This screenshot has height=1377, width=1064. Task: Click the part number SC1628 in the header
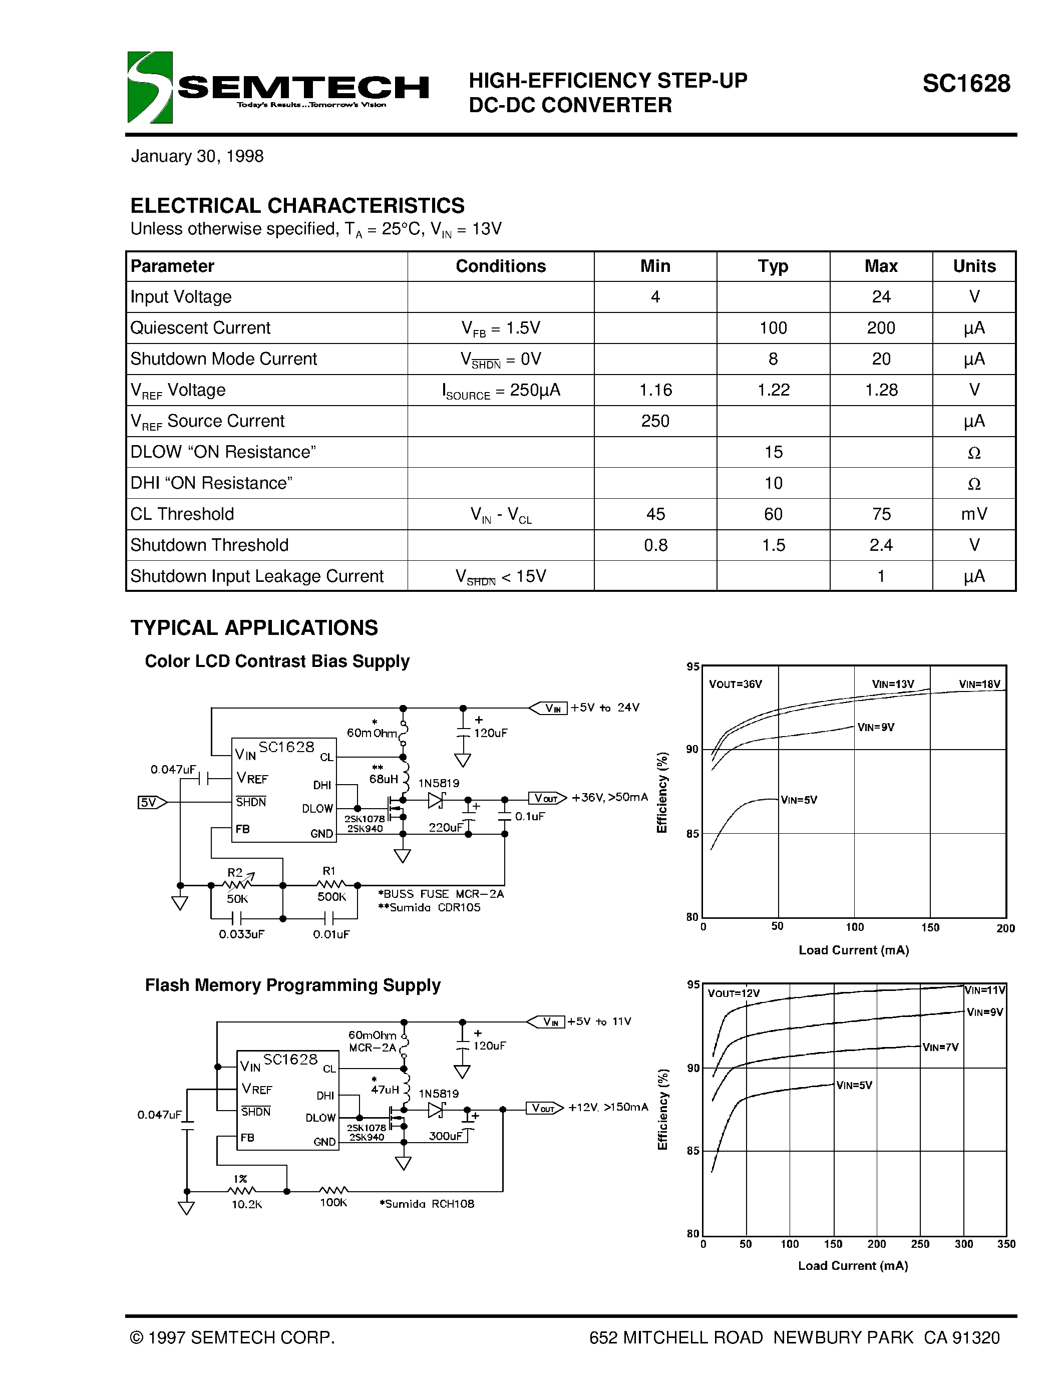coord(966,84)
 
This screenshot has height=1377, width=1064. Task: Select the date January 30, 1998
coord(197,156)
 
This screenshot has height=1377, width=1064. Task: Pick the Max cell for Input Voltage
coord(881,297)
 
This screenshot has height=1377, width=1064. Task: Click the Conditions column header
coord(501,266)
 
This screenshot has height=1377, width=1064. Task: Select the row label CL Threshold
coord(182,514)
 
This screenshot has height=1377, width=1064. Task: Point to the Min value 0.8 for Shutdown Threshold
coord(655,545)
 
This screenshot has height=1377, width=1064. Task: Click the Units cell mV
coord(974,514)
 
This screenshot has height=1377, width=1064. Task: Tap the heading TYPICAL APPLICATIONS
coord(254,628)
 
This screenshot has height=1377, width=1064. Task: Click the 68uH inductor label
coord(383,779)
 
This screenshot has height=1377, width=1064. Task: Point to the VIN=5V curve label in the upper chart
coord(799,800)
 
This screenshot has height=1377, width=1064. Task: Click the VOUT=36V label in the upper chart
coord(735,684)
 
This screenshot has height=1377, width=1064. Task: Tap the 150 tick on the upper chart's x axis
coord(930,927)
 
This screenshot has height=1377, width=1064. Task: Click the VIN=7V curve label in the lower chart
coord(940,1047)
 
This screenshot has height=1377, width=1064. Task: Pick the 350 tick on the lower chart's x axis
coord(1006,1244)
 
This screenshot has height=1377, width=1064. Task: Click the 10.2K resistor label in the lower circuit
coord(246,1204)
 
